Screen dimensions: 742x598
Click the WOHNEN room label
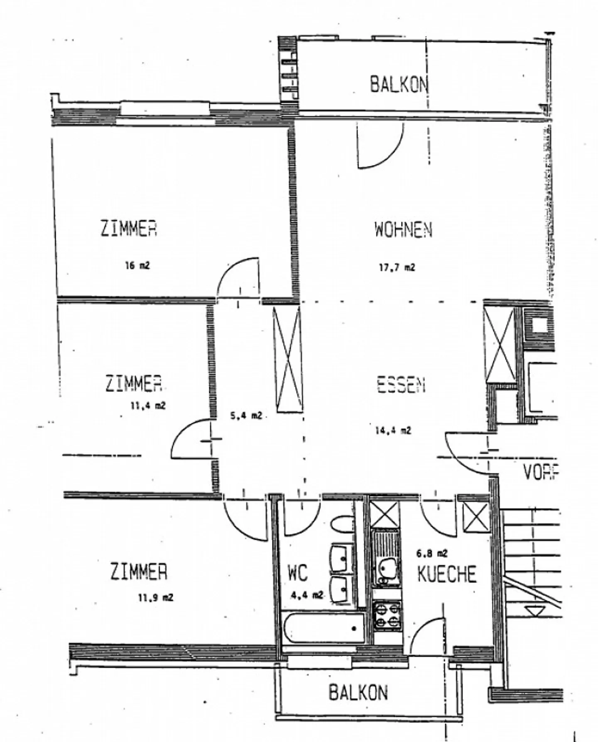(x=403, y=230)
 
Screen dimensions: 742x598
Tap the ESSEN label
(x=401, y=384)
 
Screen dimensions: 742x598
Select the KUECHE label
(x=446, y=574)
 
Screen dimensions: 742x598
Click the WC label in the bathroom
(x=298, y=573)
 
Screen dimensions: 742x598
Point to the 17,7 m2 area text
(x=397, y=268)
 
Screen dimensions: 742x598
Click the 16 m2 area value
(x=137, y=265)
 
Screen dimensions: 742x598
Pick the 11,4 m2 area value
(x=148, y=406)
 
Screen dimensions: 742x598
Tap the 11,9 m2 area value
(x=155, y=598)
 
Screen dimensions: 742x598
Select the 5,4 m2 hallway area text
(x=246, y=415)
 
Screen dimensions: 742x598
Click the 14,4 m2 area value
(x=393, y=431)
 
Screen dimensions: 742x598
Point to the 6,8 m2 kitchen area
(x=432, y=553)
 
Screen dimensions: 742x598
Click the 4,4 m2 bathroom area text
(x=306, y=595)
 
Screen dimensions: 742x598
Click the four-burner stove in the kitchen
(x=387, y=616)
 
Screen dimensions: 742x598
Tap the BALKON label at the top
(x=398, y=84)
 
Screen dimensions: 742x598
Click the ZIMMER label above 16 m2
(x=129, y=229)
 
